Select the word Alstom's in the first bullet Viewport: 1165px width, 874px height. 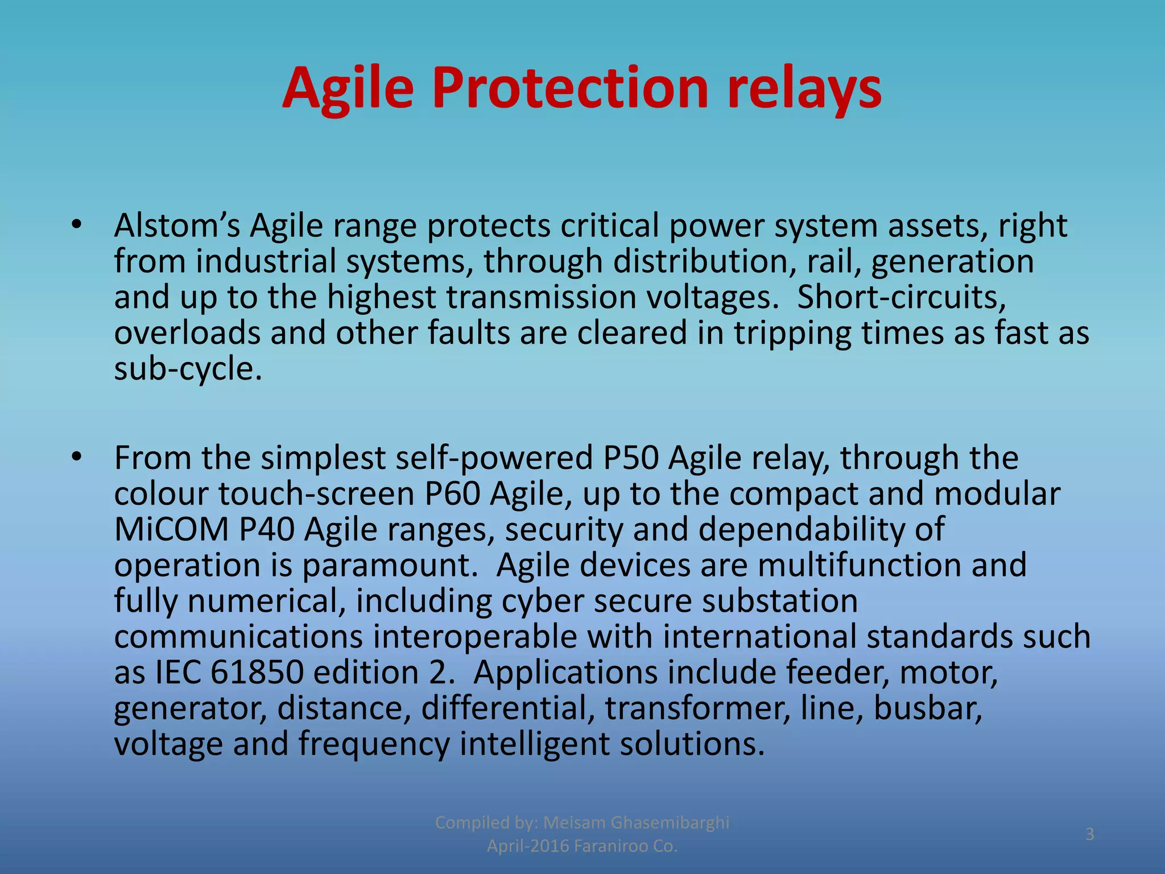pyautogui.click(x=177, y=225)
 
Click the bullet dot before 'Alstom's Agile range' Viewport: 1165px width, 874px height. pyautogui.click(x=77, y=226)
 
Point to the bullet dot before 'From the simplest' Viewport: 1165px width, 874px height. pyautogui.click(x=77, y=457)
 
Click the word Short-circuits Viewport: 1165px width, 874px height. pyautogui.click(x=901, y=297)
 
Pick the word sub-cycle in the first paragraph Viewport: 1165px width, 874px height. pyautogui.click(x=188, y=369)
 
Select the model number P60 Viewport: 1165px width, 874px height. pyautogui.click(x=452, y=493)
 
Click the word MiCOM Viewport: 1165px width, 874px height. pyautogui.click(x=171, y=529)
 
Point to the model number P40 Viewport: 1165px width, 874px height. pyautogui.click(x=266, y=529)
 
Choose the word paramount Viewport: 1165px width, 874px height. pyautogui.click(x=390, y=566)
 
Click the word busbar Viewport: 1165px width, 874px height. pyautogui.click(x=927, y=708)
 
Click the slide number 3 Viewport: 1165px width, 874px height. pyautogui.click(x=1089, y=834)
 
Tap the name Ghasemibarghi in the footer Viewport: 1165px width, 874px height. pyautogui.click(x=670, y=822)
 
